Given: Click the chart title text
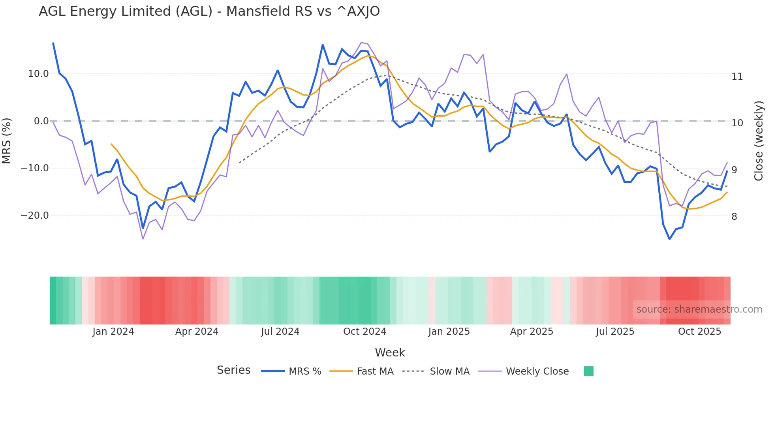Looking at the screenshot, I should pyautogui.click(x=209, y=11).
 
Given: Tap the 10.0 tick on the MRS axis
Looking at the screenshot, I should pyautogui.click(x=38, y=74).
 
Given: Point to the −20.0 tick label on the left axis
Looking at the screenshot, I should pyautogui.click(x=35, y=216).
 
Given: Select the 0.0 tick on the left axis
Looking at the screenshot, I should pyautogui.click(x=41, y=121).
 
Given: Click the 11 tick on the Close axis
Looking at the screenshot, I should pyautogui.click(x=737, y=77).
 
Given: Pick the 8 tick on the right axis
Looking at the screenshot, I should pyautogui.click(x=734, y=217).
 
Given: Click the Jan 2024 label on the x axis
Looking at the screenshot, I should pyautogui.click(x=113, y=332).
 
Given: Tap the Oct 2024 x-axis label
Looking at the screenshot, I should pyautogui.click(x=364, y=332).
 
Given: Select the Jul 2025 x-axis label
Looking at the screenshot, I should pyautogui.click(x=615, y=332).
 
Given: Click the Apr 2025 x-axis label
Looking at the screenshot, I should pyautogui.click(x=532, y=332).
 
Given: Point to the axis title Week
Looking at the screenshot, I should pyautogui.click(x=390, y=352).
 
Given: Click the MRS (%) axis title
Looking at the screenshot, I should pyautogui.click(x=7, y=141).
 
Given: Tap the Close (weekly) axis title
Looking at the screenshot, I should pyautogui.click(x=759, y=141).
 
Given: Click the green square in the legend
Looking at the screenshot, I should pyautogui.click(x=588, y=371).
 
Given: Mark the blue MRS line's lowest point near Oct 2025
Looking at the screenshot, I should pyautogui.click(x=669, y=239).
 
